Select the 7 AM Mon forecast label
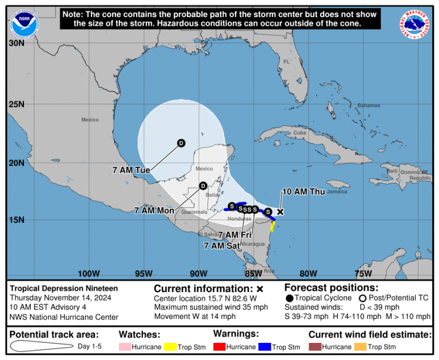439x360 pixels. pos(154,210)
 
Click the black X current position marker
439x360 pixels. pos(280,211)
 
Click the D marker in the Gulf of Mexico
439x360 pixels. pos(181,143)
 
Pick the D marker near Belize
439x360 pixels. pos(202,185)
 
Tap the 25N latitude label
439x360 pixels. pos(17,104)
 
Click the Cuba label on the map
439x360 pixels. pos(300,133)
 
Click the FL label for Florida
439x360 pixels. pos(287,62)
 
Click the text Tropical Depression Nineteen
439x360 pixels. pos(64,288)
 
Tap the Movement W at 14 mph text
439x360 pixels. pos(194,316)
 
